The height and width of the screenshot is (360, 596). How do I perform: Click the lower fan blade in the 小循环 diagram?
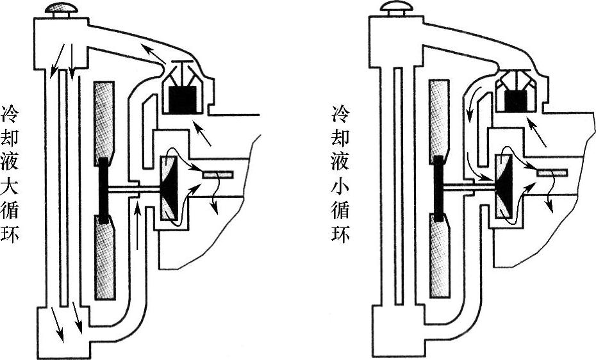(441, 259)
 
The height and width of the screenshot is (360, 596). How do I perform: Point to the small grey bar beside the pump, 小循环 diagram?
(552, 172)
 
